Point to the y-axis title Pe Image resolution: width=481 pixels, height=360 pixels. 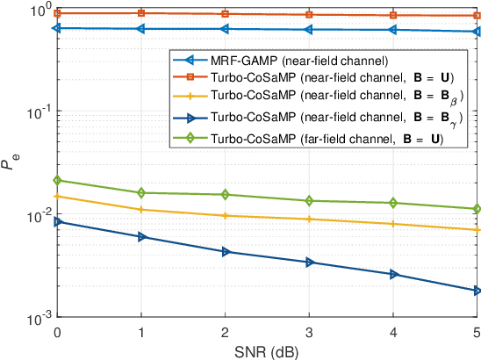coord(10,163)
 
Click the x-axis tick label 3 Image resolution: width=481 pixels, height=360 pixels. coord(309,332)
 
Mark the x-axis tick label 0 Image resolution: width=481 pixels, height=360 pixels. coord(57,332)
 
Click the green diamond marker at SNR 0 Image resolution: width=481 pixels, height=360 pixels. coord(57,180)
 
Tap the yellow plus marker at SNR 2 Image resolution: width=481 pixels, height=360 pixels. coord(225,215)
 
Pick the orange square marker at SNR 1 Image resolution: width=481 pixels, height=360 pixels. coord(141,13)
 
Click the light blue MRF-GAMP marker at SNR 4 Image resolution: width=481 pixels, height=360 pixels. coord(392,30)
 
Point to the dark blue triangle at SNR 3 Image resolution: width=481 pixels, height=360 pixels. coord(309,262)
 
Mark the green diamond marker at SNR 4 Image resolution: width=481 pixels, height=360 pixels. coord(392,203)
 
